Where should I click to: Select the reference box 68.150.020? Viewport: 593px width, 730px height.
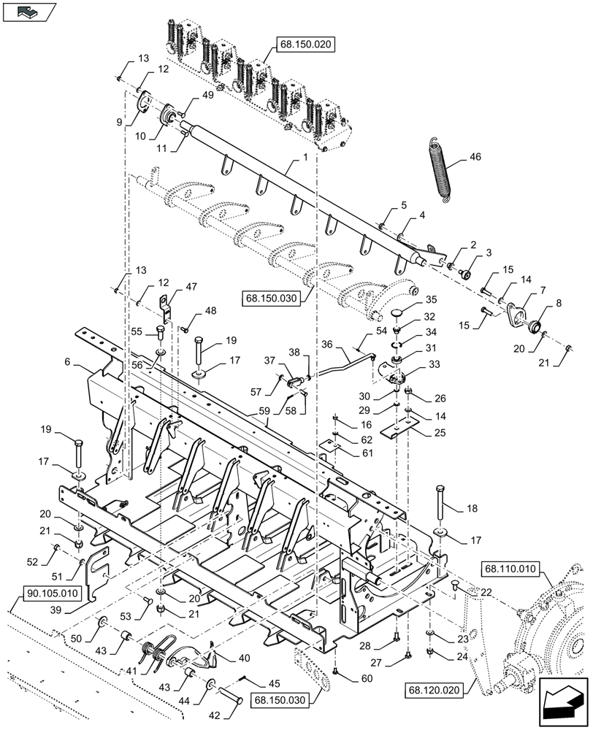coord(304,45)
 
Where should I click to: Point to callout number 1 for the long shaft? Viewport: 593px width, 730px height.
coord(305,158)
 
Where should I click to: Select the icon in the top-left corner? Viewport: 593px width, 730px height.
coord(29,12)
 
